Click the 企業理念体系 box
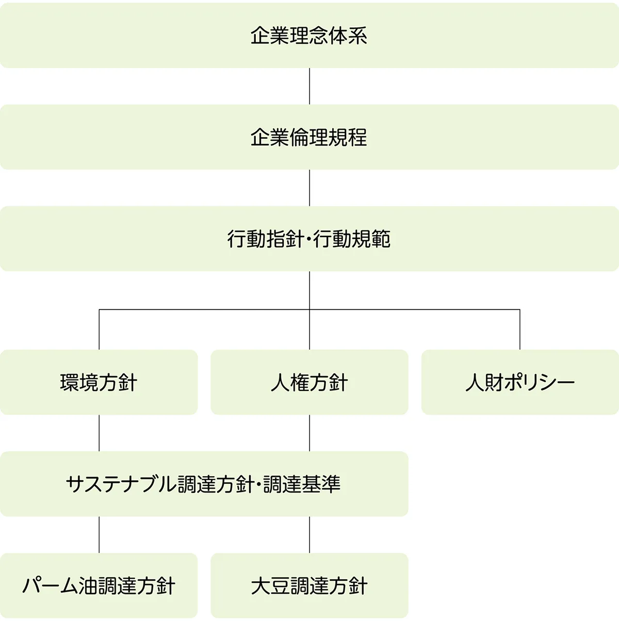[x=309, y=35]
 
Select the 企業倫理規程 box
[x=309, y=137]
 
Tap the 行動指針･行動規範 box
[x=309, y=239]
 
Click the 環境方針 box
[x=99, y=382]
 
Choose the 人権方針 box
[x=309, y=382]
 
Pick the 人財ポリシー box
[x=520, y=382]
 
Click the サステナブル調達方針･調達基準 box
[x=204, y=484]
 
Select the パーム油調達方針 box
[x=99, y=586]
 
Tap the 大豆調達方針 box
[x=309, y=586]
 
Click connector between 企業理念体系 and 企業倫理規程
[x=309, y=86]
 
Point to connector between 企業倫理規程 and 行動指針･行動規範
[x=309, y=188]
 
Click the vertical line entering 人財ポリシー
[x=520, y=330]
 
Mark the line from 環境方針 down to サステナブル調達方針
[x=99, y=433]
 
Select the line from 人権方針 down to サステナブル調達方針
[x=309, y=433]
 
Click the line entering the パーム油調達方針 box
[x=99, y=534]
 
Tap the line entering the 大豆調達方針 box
[x=309, y=534]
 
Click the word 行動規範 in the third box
[x=352, y=239]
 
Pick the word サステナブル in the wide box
[x=121, y=484]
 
